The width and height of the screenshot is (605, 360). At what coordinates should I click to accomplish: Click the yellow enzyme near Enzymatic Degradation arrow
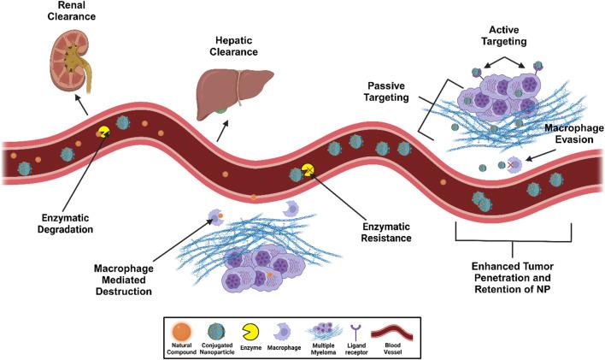coord(103,133)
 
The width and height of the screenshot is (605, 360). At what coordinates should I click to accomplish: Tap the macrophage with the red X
coord(515,163)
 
